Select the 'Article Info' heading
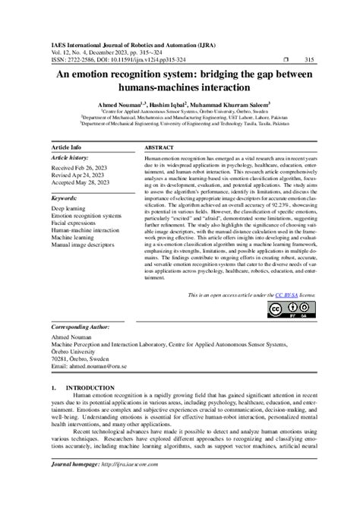pos(67,147)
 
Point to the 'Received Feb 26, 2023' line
pos(80,167)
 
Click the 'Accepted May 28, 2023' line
pos(81,182)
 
